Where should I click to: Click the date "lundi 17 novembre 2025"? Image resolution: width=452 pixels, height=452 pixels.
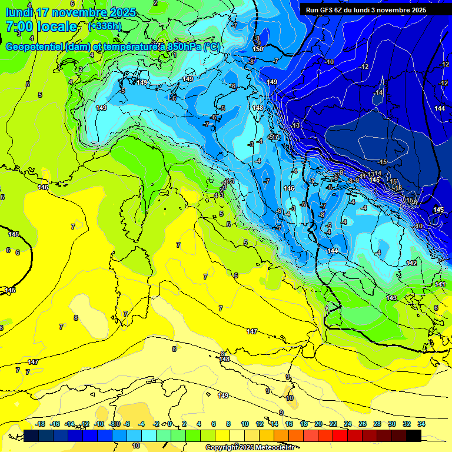(70, 12)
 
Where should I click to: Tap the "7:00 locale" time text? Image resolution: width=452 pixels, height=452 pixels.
(41, 26)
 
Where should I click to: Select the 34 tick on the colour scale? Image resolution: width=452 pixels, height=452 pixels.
(421, 424)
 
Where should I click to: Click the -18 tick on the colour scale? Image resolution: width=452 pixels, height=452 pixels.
(40, 424)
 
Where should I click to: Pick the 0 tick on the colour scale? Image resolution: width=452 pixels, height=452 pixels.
(169, 424)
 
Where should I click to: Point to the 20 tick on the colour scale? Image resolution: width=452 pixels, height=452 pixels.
(318, 424)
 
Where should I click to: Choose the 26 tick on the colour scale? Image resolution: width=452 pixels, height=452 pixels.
(363, 424)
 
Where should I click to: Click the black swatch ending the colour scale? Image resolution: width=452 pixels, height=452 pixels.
(414, 436)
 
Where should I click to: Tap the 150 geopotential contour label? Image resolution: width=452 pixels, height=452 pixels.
(258, 49)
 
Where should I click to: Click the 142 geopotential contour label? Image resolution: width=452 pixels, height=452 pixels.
(411, 263)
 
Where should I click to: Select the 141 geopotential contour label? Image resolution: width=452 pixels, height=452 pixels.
(440, 284)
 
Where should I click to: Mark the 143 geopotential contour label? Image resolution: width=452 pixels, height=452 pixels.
(391, 298)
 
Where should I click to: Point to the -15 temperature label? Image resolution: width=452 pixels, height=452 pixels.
(383, 162)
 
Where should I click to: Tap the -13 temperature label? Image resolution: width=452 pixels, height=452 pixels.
(295, 126)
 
